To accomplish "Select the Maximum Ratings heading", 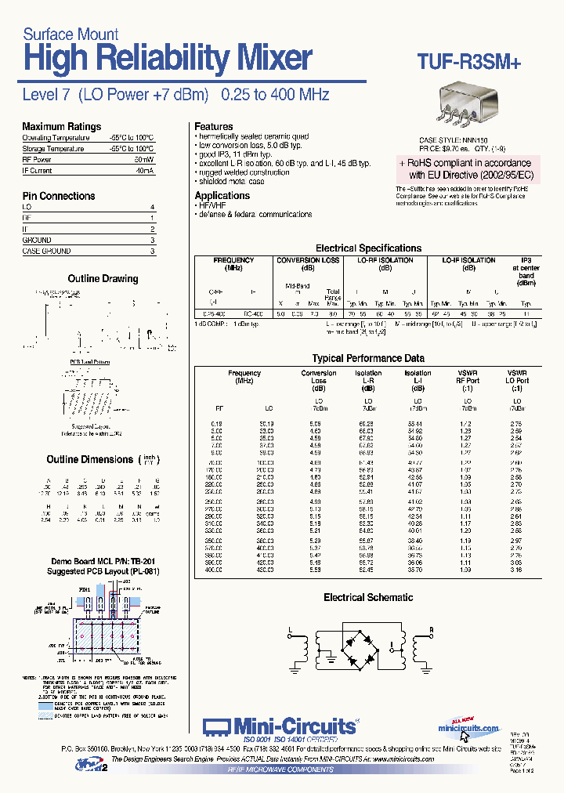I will click(x=62, y=126).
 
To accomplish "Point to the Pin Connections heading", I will click(x=59, y=196).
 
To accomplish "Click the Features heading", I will click(x=213, y=126).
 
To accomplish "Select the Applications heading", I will click(x=222, y=196).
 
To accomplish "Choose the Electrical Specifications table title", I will click(x=368, y=248).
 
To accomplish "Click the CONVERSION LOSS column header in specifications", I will click(x=309, y=260).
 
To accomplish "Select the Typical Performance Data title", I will click(x=368, y=358).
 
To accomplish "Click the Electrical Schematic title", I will click(x=368, y=597).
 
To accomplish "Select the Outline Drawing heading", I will click(x=103, y=278).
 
